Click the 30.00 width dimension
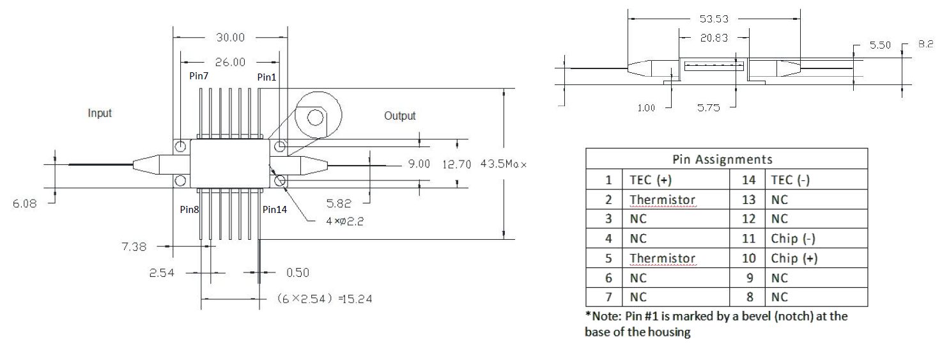coord(230,38)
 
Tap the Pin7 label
coord(200,76)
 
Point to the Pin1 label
coord(267,77)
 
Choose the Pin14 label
coord(274,209)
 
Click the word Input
coord(100,113)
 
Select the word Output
coord(399,116)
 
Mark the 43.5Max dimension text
coord(504,164)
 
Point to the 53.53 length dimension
coord(713,19)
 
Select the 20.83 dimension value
coord(713,38)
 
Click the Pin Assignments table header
coord(727,159)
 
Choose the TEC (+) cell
coord(650,180)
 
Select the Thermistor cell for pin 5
coord(662,258)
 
